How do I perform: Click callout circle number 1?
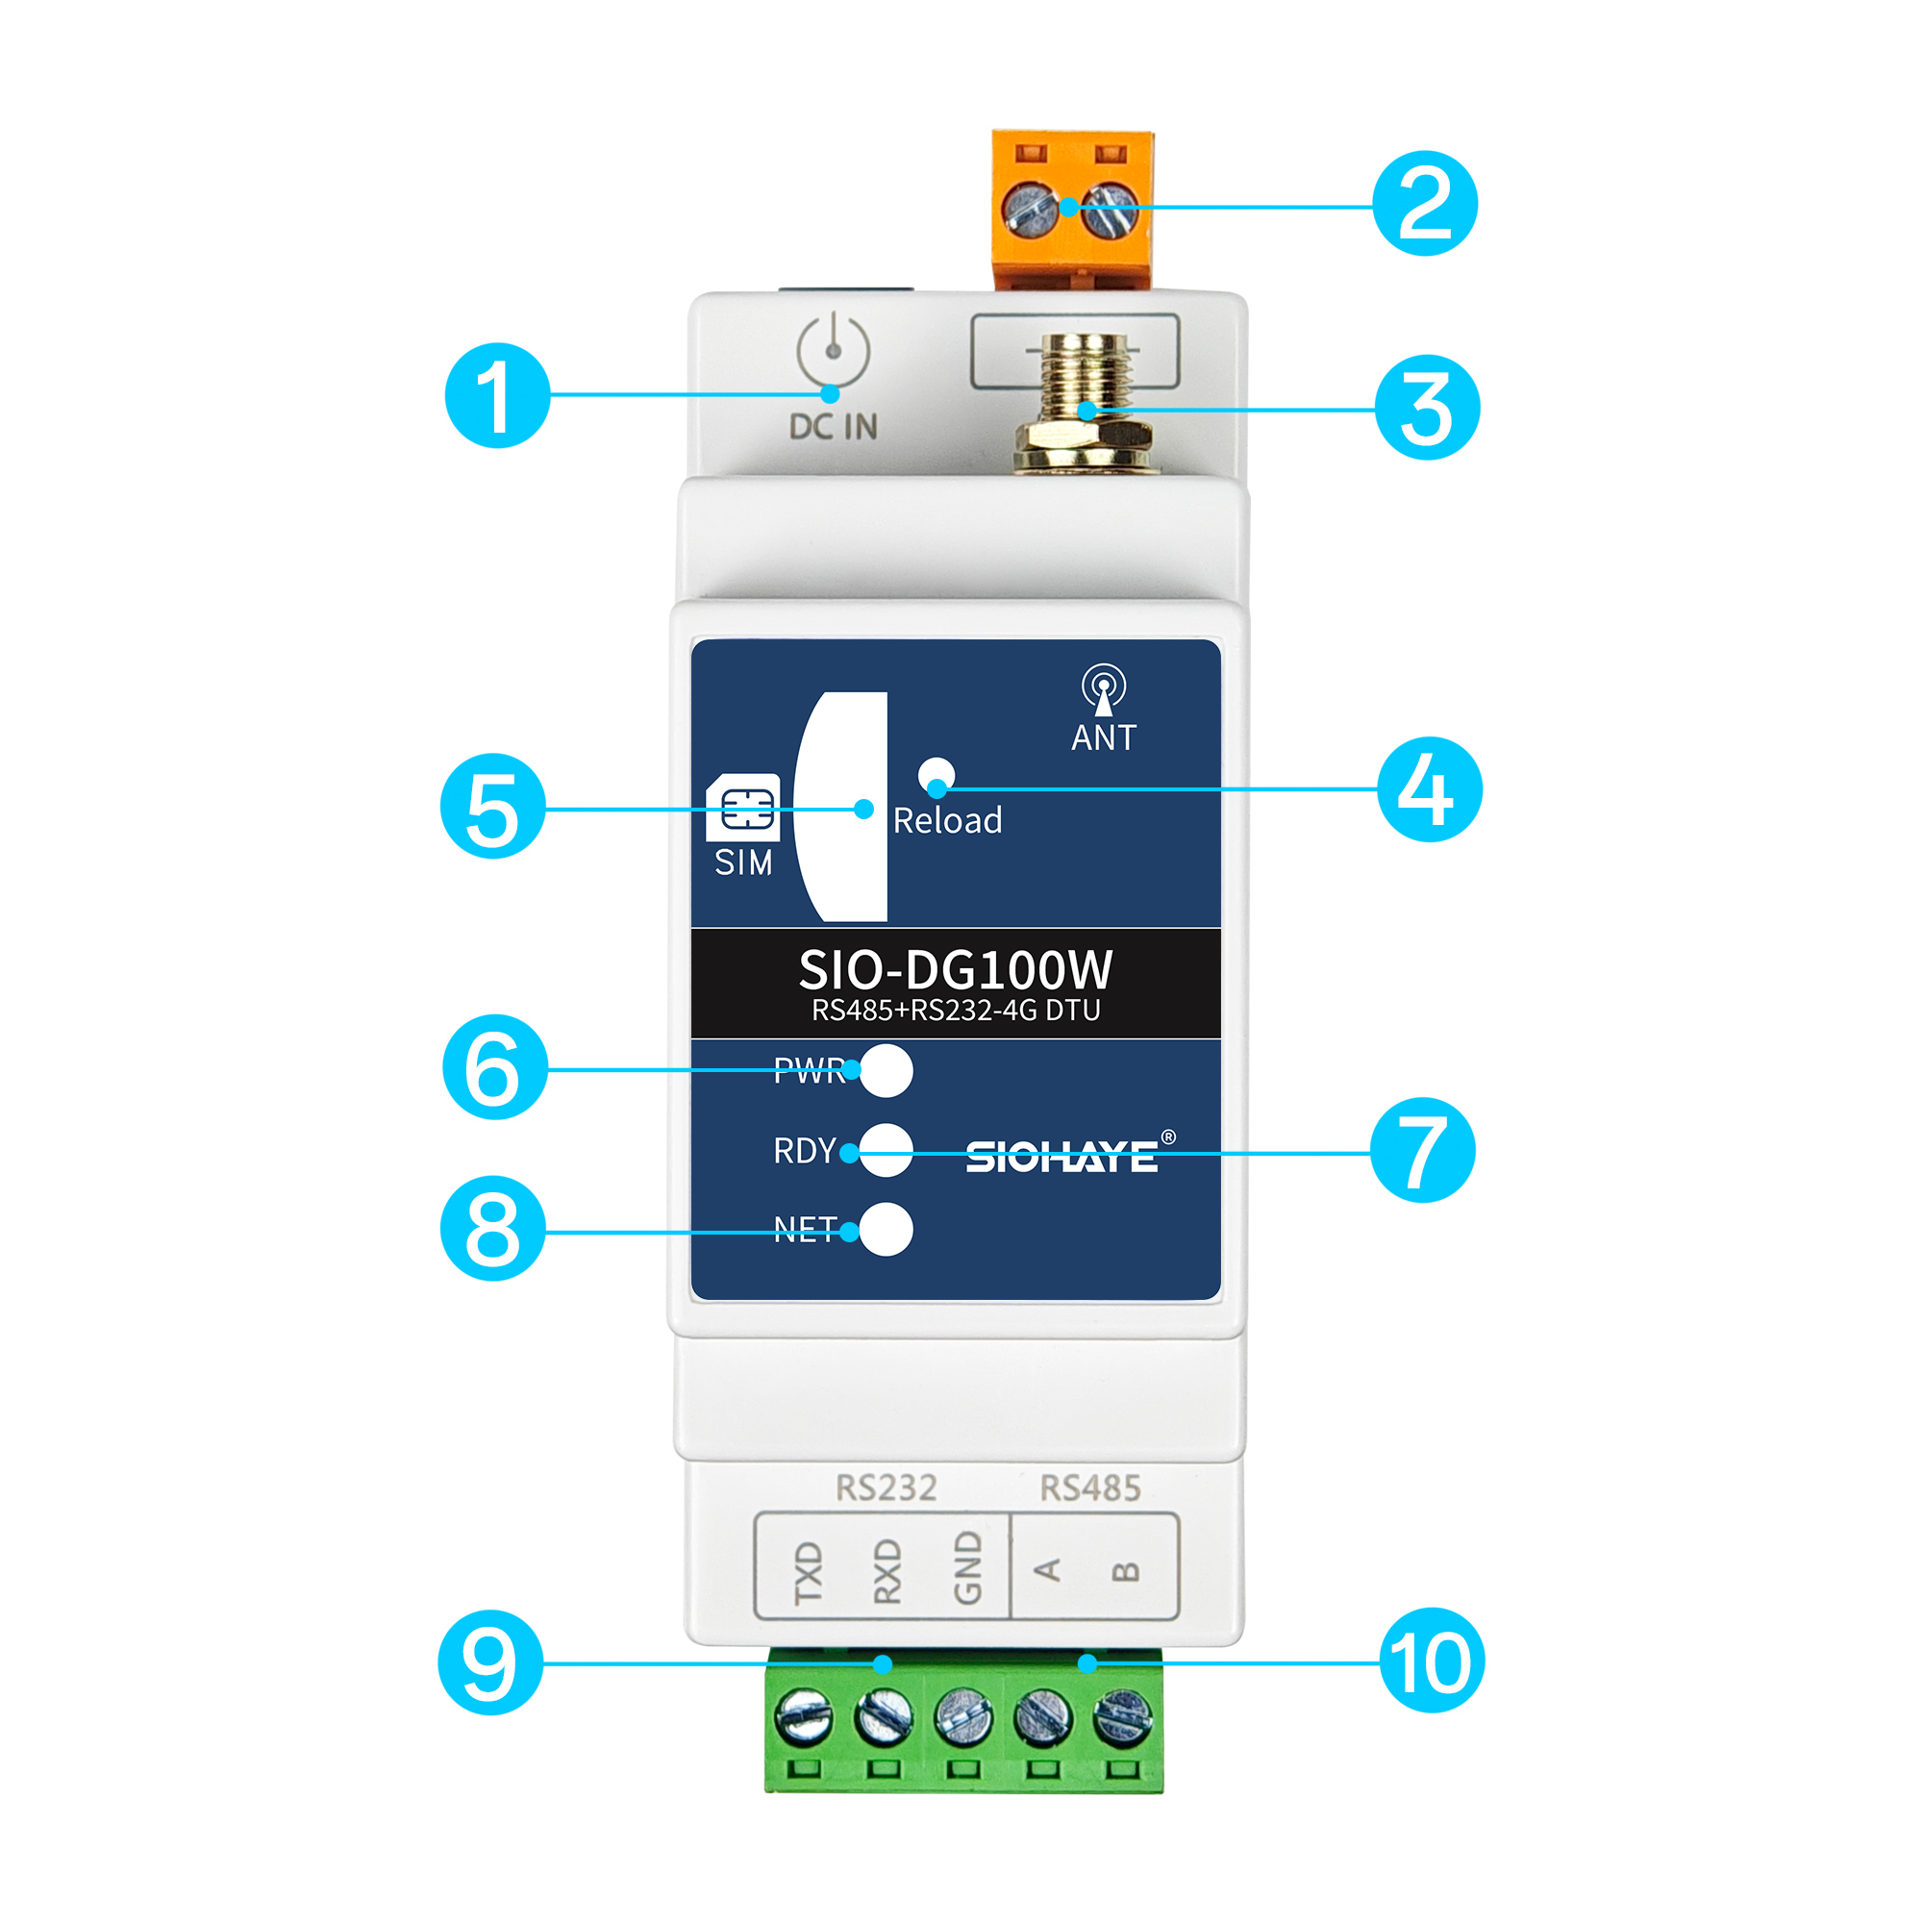click(497, 395)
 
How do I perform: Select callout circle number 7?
click(1422, 1150)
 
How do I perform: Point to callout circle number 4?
click(1430, 789)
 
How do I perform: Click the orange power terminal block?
click(1073, 209)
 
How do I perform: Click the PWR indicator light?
click(885, 1071)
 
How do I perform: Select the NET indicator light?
click(885, 1229)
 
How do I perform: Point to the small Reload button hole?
click(936, 774)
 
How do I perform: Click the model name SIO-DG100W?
click(955, 969)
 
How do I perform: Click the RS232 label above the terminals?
click(886, 1488)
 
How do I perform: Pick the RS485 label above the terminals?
click(1090, 1488)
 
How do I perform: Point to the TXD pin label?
click(809, 1574)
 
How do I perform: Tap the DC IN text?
click(833, 427)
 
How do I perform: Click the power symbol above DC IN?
click(833, 349)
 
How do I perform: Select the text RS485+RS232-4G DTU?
click(956, 1011)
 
